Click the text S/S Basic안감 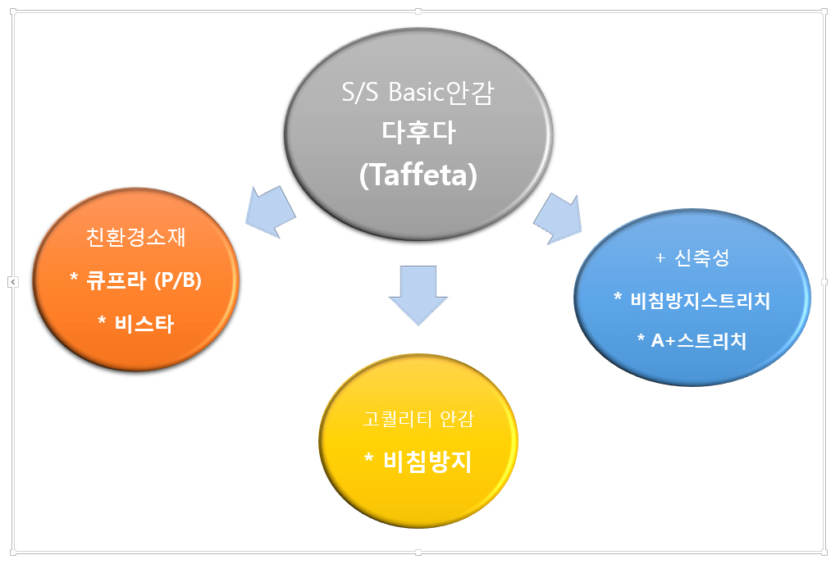point(418,93)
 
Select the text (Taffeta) point(418,175)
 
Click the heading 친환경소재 point(136,238)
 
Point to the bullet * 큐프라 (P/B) point(136,280)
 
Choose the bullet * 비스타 point(136,322)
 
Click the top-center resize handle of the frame point(418,11)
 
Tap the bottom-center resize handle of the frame point(418,553)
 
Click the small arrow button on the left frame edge point(12,282)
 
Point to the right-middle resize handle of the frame point(824,282)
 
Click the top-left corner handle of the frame point(12,11)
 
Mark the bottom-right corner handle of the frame point(824,553)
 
